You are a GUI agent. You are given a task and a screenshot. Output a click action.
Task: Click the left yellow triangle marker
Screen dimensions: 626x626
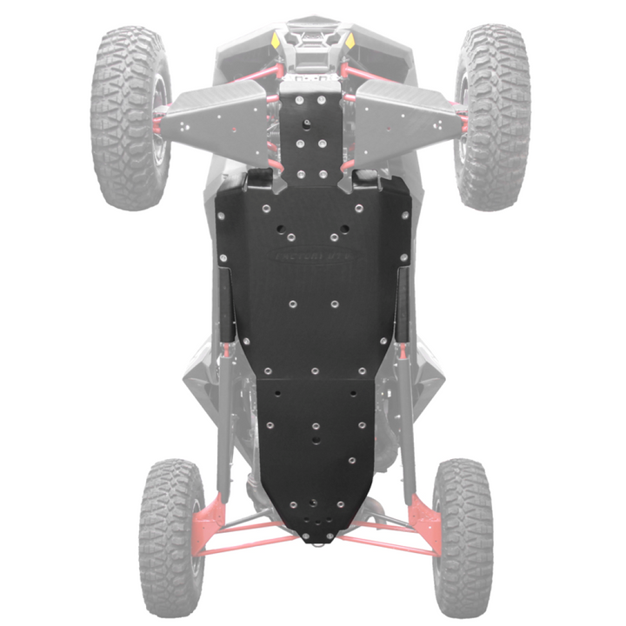click(x=276, y=41)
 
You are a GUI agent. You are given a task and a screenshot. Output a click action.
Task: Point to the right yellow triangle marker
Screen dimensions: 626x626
click(x=350, y=41)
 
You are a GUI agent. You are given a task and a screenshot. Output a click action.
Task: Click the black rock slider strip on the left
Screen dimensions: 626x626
click(x=225, y=304)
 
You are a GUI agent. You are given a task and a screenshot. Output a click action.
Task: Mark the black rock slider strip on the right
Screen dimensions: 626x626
click(x=402, y=304)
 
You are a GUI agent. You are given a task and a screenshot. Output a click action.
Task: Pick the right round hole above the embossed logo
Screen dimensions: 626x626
click(x=345, y=230)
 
